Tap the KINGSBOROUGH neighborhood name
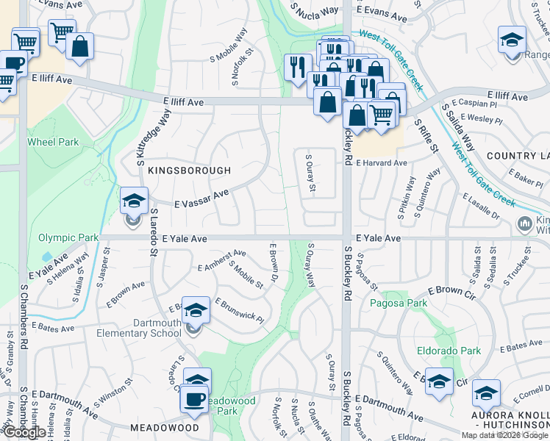(189, 170)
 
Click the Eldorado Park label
(449, 351)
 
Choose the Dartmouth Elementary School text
(139, 328)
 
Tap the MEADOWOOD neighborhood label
(165, 427)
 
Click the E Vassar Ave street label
(201, 199)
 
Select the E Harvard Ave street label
(381, 162)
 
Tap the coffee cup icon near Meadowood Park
(196, 399)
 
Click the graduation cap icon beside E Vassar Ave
(134, 201)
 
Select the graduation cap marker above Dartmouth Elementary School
(196, 310)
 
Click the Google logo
(24, 432)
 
